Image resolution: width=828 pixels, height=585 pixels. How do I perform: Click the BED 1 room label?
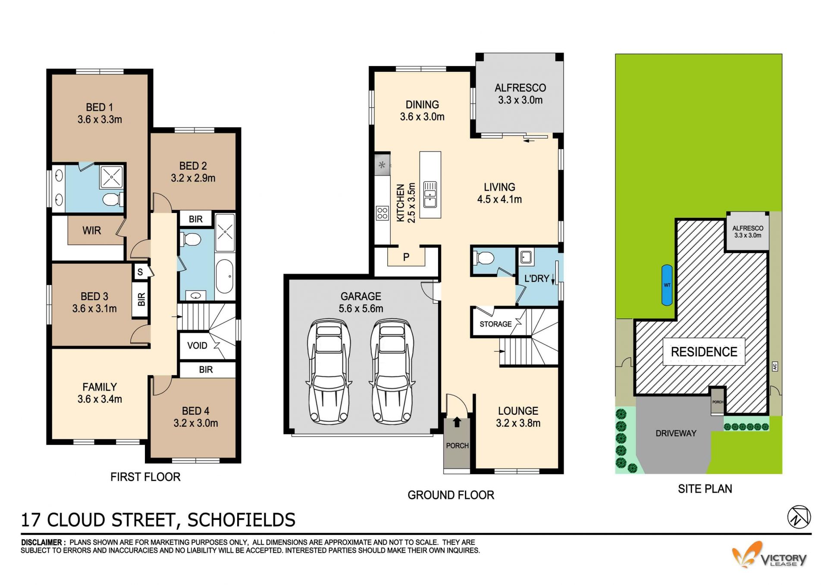coord(99,107)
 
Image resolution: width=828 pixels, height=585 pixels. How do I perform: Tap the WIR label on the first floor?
coord(92,231)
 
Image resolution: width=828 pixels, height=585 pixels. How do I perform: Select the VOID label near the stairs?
coord(197,346)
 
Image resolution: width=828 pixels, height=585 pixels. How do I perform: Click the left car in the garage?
coord(329,371)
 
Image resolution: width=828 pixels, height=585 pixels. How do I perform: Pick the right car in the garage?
coord(392,371)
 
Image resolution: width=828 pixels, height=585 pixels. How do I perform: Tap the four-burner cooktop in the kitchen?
coord(382,213)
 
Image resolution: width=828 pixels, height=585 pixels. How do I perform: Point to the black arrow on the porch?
coord(457,422)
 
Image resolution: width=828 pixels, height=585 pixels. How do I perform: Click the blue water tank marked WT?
coord(667,285)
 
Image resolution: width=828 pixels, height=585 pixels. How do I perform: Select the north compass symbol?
coord(799,517)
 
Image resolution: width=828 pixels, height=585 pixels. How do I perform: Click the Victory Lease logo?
coord(769,555)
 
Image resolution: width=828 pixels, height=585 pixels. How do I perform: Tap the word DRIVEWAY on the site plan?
coord(676,433)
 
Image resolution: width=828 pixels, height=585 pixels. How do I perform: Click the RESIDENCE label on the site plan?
coord(704,352)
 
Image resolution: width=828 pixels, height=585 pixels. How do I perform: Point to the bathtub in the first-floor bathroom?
coord(225,276)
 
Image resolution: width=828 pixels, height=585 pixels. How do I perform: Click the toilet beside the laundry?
coord(484,258)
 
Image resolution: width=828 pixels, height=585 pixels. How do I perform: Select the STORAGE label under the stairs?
coord(496,324)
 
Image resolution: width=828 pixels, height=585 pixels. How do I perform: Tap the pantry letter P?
coord(406,257)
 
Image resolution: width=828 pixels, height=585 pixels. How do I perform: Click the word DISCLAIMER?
coord(41,542)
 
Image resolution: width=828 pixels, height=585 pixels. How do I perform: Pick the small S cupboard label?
coord(140,272)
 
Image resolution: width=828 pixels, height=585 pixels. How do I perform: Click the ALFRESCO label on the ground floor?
coord(520,88)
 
